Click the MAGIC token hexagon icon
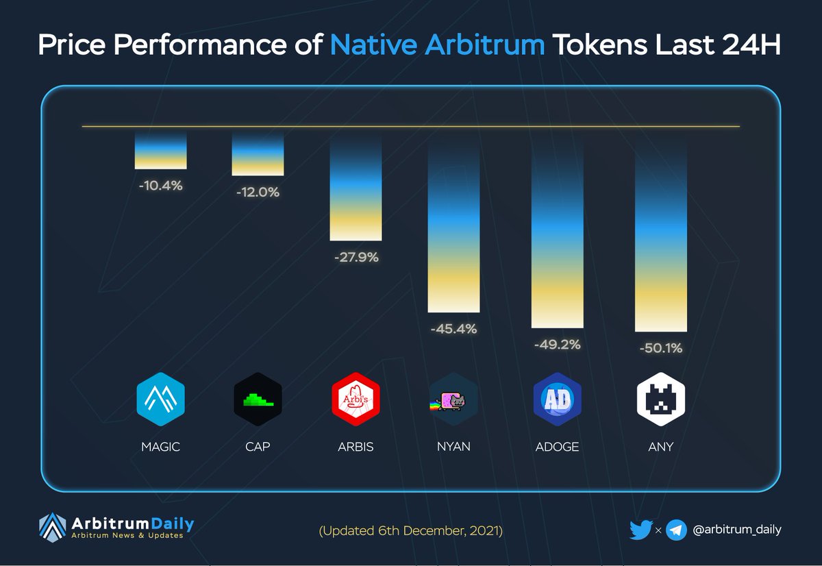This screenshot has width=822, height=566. click(x=161, y=399)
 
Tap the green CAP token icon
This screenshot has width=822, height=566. click(x=258, y=399)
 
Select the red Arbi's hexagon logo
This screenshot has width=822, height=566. click(x=356, y=399)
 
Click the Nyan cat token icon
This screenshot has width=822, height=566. click(x=453, y=399)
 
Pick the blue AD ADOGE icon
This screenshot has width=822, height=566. click(x=558, y=399)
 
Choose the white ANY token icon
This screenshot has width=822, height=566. click(x=661, y=399)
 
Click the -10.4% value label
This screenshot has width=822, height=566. click(x=161, y=186)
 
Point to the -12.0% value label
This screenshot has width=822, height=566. click(x=258, y=192)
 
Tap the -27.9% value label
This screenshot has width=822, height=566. click(x=356, y=257)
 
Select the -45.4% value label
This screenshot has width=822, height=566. click(x=454, y=328)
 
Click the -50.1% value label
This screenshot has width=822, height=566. click(x=661, y=347)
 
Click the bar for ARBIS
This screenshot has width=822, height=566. click(x=356, y=187)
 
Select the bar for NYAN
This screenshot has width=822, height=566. click(x=453, y=225)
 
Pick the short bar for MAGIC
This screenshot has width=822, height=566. click(x=161, y=150)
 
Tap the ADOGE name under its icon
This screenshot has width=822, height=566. click(x=557, y=447)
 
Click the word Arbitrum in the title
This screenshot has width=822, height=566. click(x=485, y=45)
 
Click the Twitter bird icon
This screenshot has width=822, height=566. click(x=640, y=530)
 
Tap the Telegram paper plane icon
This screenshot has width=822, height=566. click(x=676, y=530)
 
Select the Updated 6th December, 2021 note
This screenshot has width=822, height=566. click(x=410, y=531)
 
